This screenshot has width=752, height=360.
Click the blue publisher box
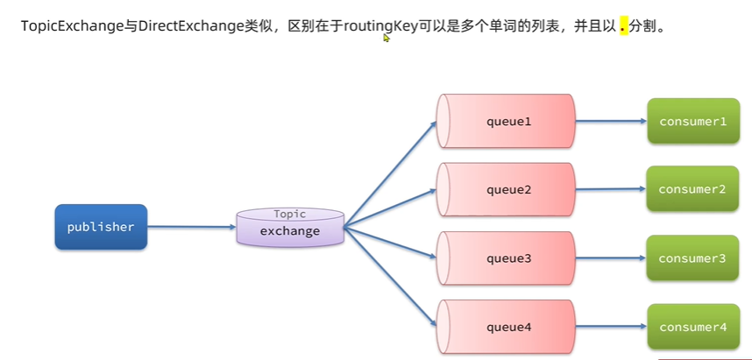[101, 227]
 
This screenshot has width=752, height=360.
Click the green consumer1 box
[692, 121]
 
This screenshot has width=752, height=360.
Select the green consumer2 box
[692, 188]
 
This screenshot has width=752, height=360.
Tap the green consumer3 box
[692, 258]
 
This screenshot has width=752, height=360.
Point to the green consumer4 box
[692, 327]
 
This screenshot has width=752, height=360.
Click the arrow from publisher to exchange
[192, 228]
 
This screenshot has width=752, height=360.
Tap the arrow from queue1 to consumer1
[612, 121]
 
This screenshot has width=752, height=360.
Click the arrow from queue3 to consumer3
[612, 258]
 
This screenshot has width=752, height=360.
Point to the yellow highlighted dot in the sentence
[624, 26]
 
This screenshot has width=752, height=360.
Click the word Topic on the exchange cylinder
[290, 214]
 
